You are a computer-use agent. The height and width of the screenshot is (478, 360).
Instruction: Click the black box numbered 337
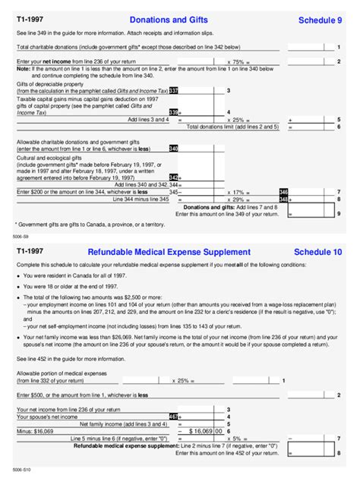click(173, 91)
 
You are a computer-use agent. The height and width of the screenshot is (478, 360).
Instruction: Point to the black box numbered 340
click(173, 149)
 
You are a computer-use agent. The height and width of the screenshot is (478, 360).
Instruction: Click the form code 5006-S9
click(21, 237)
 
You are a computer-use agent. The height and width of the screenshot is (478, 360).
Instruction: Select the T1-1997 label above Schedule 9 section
click(30, 19)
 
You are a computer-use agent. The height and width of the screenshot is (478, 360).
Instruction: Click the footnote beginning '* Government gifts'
click(90, 225)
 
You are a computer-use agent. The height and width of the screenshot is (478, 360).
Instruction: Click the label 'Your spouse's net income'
click(46, 417)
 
